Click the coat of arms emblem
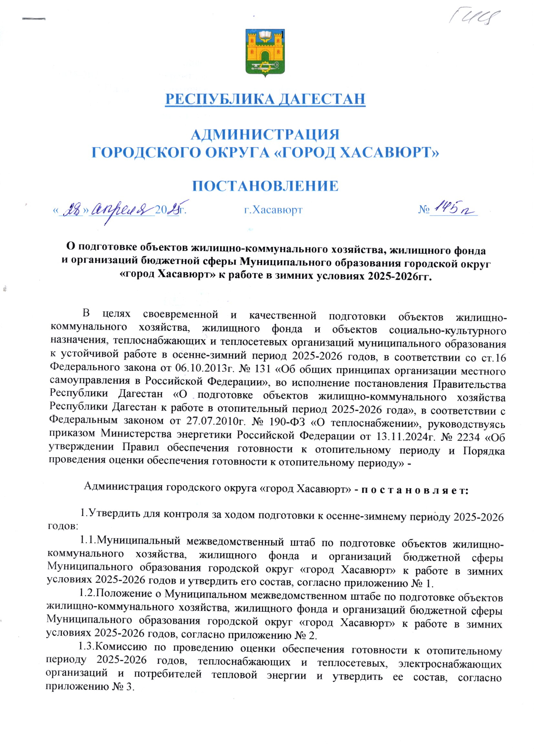pyautogui.click(x=265, y=53)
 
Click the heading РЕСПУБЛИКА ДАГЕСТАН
pyautogui.click(x=265, y=99)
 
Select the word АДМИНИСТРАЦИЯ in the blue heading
pyautogui.click(x=265, y=134)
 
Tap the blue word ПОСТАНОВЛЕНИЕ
pyautogui.click(x=265, y=186)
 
